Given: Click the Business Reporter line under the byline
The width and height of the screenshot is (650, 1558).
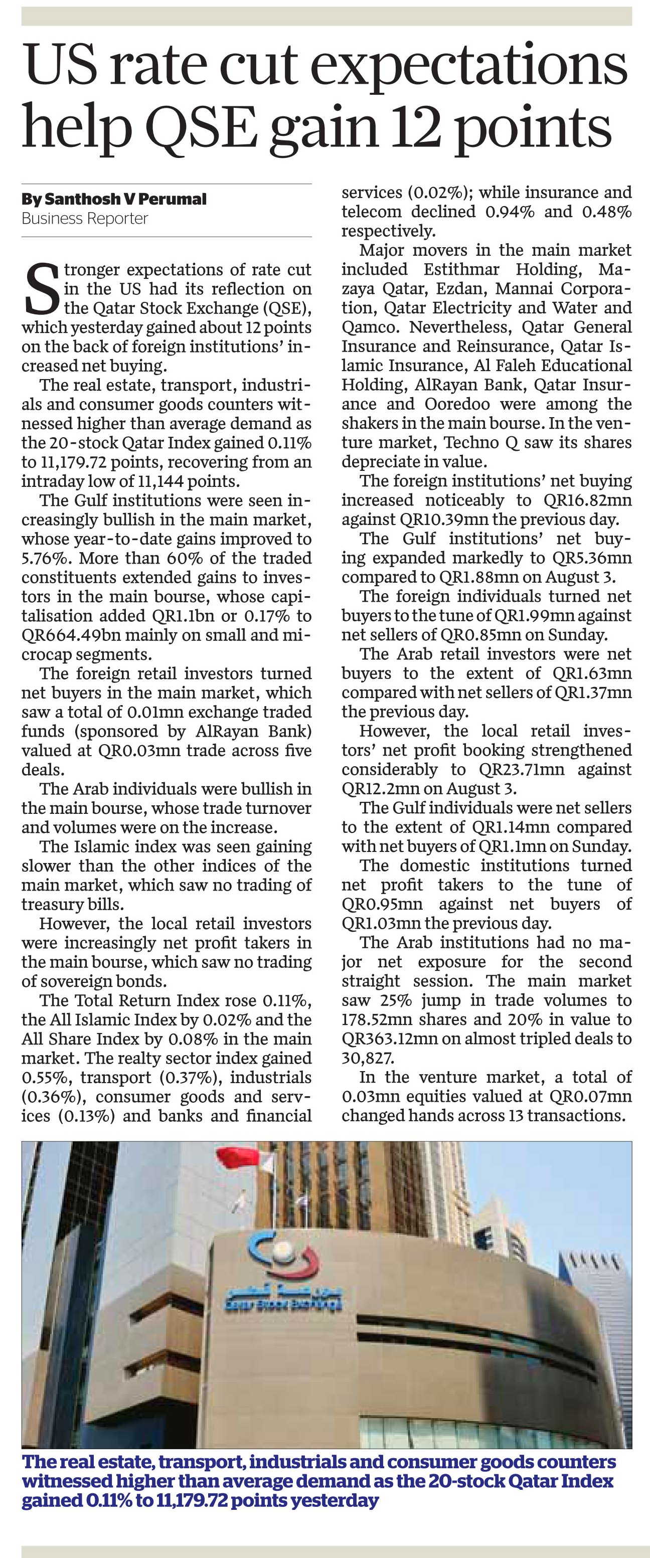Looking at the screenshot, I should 85,218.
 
